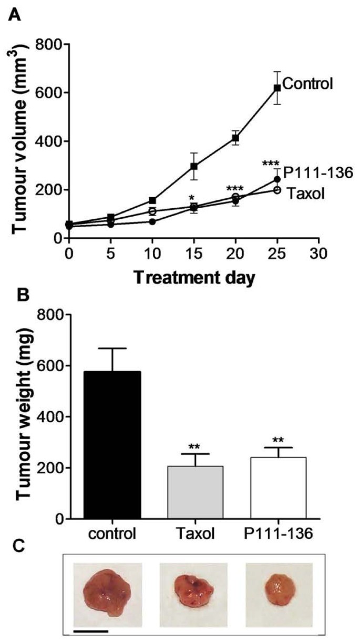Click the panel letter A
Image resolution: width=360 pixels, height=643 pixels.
(15, 15)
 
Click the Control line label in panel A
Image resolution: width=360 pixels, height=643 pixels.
(307, 83)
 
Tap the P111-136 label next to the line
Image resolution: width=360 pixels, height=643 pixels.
(311, 173)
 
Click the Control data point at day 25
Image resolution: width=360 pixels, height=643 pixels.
(277, 88)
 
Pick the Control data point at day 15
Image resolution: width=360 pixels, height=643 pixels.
(194, 166)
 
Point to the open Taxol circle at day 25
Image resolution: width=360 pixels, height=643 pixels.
(277, 190)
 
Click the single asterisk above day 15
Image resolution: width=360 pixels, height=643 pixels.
(193, 199)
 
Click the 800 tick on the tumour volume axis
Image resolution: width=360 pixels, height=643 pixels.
(48, 45)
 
